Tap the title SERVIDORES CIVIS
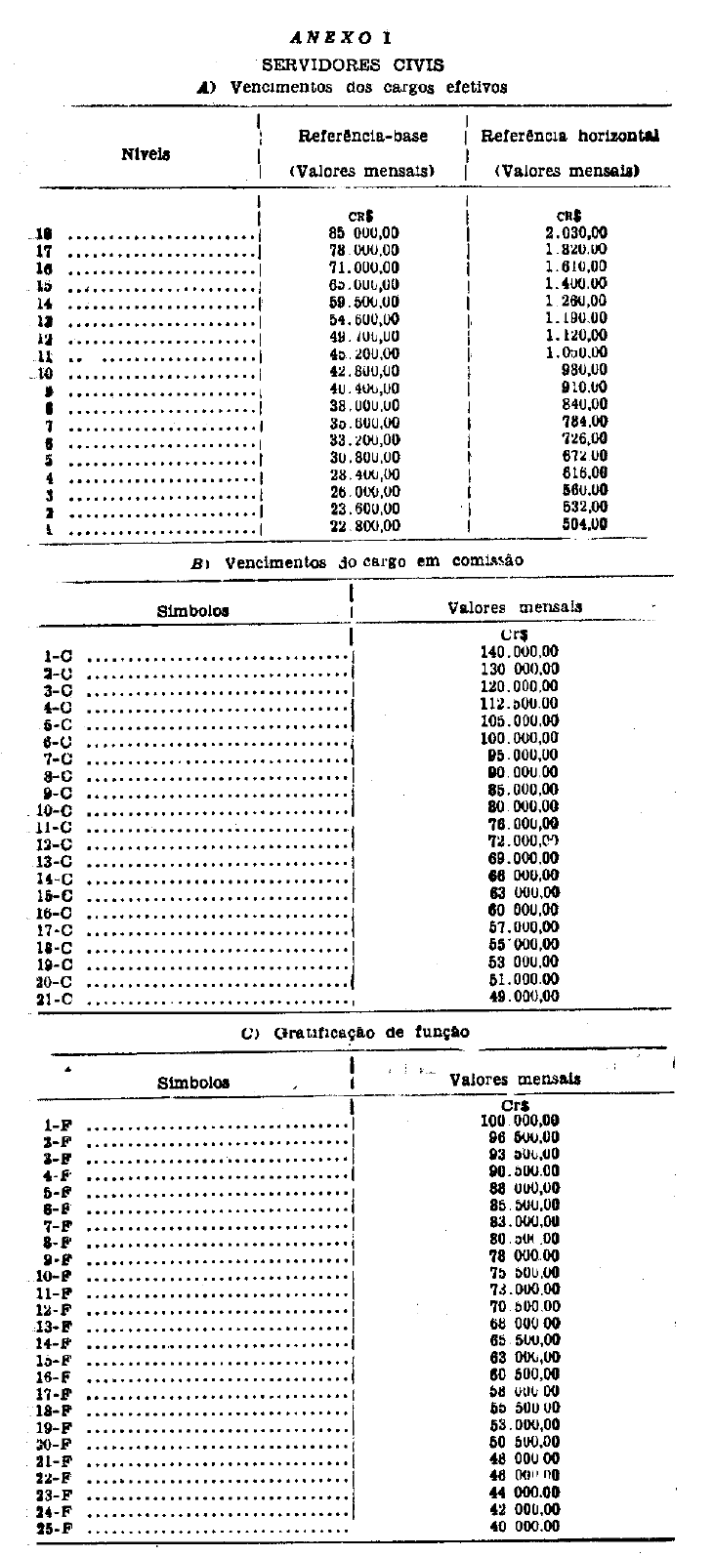pyautogui.click(x=353, y=64)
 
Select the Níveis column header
pyautogui.click(x=146, y=153)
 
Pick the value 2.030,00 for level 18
pyautogui.click(x=576, y=232)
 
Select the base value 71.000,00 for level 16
pyautogui.click(x=363, y=267)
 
